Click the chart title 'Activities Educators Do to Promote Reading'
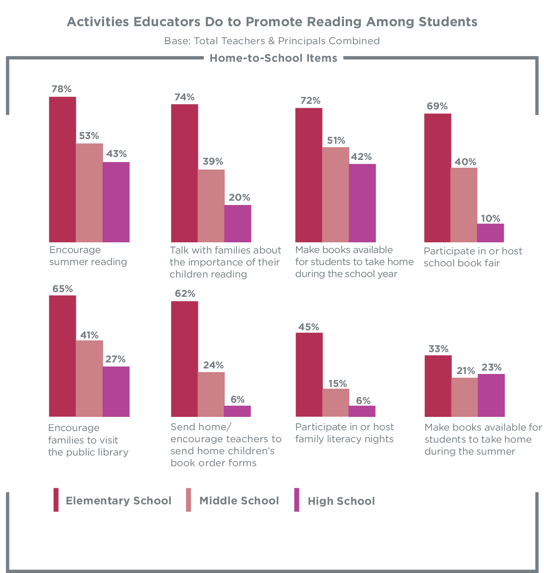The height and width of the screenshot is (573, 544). pyautogui.click(x=272, y=22)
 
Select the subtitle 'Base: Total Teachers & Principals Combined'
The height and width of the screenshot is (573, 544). pyautogui.click(x=272, y=41)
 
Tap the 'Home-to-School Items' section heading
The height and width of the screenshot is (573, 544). pyautogui.click(x=273, y=58)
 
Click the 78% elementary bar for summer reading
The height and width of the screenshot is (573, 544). pyautogui.click(x=62, y=169)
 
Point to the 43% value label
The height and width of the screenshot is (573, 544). pyautogui.click(x=117, y=154)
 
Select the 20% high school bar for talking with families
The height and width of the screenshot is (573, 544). pyautogui.click(x=238, y=223)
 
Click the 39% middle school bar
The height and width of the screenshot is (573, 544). pyautogui.click(x=211, y=206)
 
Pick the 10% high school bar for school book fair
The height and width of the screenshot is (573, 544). pyautogui.click(x=490, y=233)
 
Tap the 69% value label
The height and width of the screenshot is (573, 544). pyautogui.click(x=437, y=106)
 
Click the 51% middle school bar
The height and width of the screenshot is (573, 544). pyautogui.click(x=336, y=195)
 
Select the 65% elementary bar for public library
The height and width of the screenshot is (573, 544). pyautogui.click(x=62, y=356)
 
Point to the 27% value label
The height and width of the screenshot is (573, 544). pyautogui.click(x=116, y=359)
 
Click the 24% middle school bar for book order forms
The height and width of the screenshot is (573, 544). pyautogui.click(x=211, y=394)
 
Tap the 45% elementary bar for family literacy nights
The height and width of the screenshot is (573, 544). pyautogui.click(x=309, y=374)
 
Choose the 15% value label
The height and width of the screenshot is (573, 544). pyautogui.click(x=338, y=383)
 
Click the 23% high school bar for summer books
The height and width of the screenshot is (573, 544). pyautogui.click(x=491, y=395)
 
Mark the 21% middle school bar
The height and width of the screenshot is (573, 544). pyautogui.click(x=465, y=397)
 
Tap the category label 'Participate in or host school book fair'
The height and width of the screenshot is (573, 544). pyautogui.click(x=472, y=257)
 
